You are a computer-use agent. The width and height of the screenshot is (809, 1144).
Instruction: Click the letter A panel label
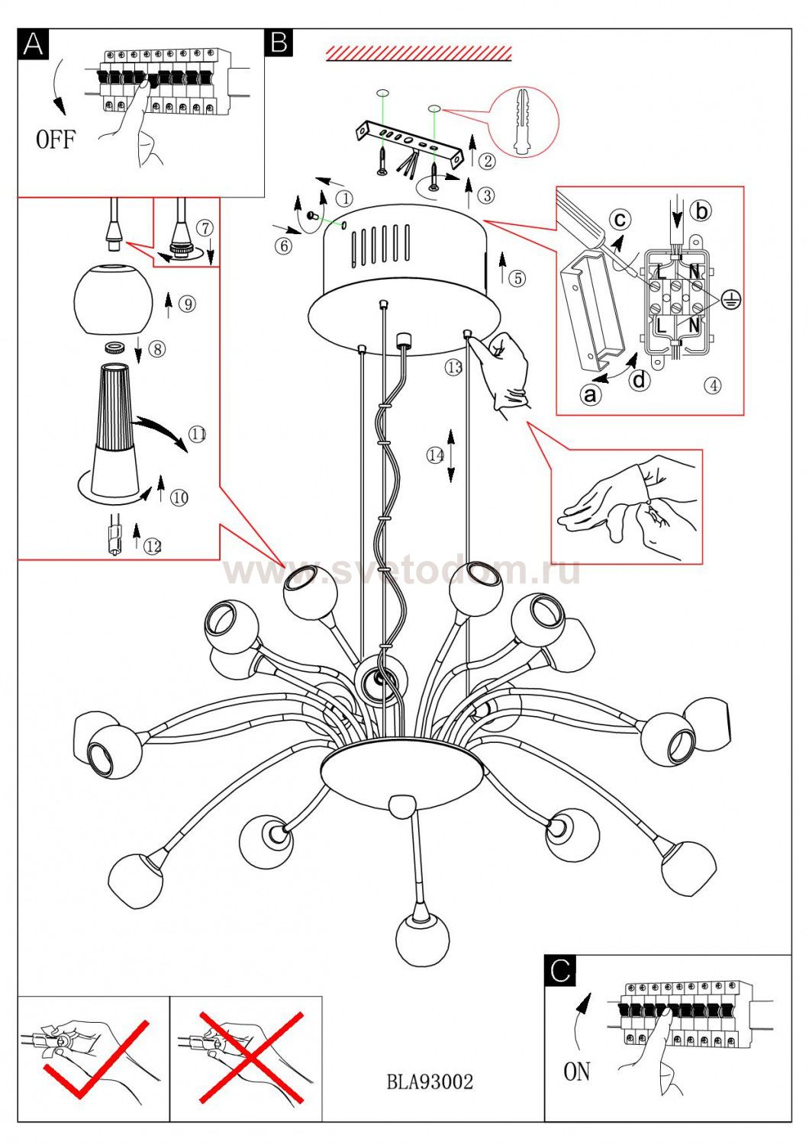33,44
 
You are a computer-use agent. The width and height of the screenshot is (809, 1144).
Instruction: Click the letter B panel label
279,43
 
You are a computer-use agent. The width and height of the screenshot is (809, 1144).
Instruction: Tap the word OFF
56,140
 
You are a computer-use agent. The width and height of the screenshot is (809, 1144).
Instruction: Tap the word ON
577,1072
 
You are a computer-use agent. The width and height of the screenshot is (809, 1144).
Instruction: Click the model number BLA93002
430,1081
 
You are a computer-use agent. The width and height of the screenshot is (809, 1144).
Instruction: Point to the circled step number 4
711,386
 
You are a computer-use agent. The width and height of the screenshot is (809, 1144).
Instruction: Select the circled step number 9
187,304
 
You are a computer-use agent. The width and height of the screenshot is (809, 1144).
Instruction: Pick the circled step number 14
435,455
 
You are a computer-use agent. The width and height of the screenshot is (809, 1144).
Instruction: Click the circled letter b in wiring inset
701,210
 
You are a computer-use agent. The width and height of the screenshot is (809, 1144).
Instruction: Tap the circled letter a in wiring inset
589,394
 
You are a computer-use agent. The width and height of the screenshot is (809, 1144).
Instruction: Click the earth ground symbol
731,300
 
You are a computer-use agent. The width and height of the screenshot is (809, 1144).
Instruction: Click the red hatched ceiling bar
418,53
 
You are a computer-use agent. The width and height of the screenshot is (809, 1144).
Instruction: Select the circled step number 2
487,161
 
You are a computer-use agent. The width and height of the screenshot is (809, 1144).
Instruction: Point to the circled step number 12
153,546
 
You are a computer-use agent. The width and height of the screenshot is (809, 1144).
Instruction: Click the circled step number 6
283,246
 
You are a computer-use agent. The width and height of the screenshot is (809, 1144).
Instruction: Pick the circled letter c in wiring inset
620,220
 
